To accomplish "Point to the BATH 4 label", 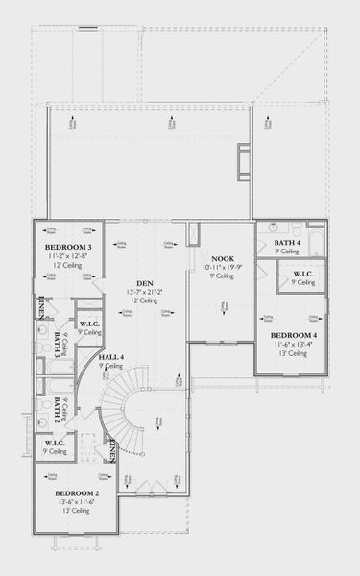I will coord(286,243).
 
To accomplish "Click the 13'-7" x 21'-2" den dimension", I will coord(145,291).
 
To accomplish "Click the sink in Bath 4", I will coord(272,227).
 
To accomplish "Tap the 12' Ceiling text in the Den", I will coord(145,301).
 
